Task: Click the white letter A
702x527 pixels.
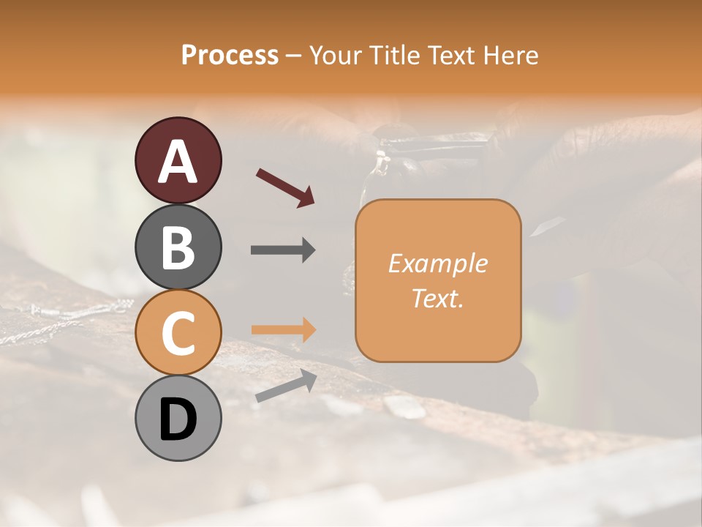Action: (178, 161)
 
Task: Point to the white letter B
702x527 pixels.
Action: (178, 247)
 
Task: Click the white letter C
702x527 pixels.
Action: (178, 333)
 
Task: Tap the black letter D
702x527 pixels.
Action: (178, 419)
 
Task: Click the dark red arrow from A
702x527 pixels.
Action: (285, 187)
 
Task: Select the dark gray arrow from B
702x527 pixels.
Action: (283, 250)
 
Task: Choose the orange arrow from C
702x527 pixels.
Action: (283, 329)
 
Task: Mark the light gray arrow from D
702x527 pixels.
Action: (286, 386)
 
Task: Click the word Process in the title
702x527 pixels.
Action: (230, 55)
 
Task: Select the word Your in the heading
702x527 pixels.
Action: (334, 55)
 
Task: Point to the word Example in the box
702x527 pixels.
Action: (437, 263)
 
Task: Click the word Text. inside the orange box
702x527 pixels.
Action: (437, 298)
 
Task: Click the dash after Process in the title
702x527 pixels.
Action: (294, 56)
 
